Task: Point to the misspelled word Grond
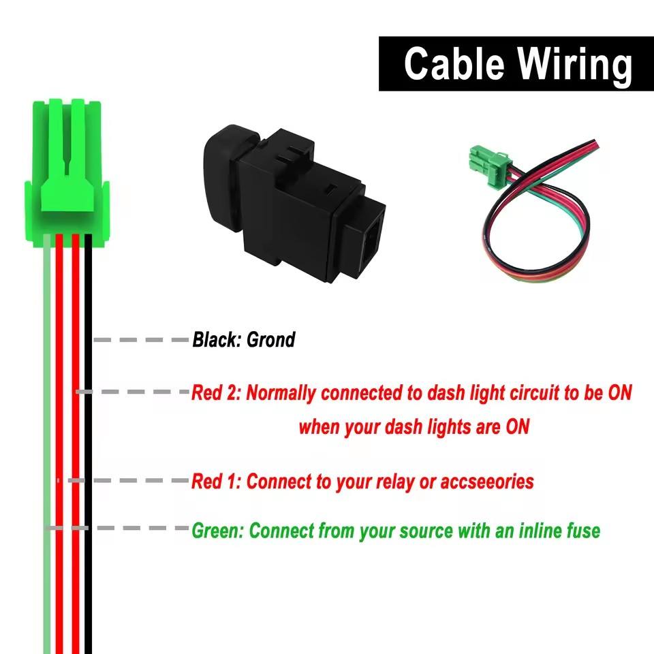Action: click(270, 339)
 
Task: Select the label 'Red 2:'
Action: click(215, 393)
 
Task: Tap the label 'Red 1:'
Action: click(215, 482)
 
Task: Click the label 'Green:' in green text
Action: click(217, 530)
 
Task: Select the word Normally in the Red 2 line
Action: click(281, 393)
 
